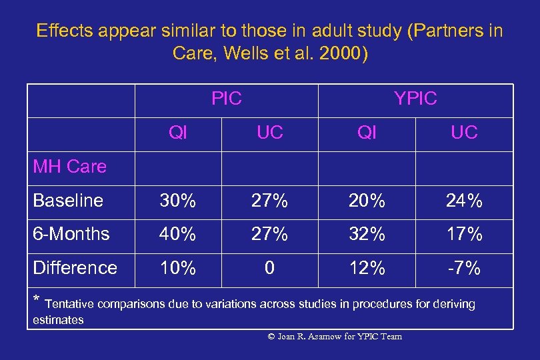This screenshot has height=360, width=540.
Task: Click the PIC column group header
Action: [226, 99]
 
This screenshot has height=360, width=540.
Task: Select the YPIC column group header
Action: [415, 99]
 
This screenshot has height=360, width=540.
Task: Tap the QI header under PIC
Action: [178, 133]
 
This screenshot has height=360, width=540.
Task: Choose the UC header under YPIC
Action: [464, 133]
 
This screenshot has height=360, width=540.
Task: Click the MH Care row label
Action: [69, 167]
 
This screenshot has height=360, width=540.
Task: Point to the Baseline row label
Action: [68, 201]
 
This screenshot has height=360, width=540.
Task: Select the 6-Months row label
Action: [71, 234]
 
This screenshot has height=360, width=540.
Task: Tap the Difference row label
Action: [75, 268]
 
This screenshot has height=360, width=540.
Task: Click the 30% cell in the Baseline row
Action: [178, 201]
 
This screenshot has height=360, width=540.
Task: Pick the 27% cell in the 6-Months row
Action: [270, 234]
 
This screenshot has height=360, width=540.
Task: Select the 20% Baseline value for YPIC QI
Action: [367, 201]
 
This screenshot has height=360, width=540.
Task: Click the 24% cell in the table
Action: [464, 201]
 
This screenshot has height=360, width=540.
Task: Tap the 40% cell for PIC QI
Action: [178, 234]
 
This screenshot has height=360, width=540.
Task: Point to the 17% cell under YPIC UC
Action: [464, 234]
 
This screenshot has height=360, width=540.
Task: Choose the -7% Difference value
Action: [464, 268]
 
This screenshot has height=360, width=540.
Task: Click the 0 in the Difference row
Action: [270, 268]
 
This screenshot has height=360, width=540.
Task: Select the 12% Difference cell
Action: [367, 268]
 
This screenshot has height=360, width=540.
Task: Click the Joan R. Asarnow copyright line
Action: [335, 337]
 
